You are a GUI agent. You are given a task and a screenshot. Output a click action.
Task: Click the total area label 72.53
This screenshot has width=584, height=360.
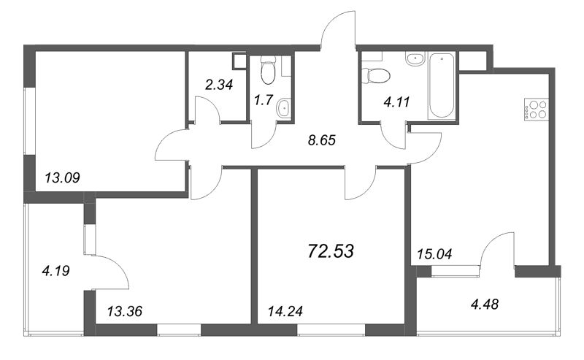click(331, 251)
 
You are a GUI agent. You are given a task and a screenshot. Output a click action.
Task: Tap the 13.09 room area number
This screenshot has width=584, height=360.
click(62, 177)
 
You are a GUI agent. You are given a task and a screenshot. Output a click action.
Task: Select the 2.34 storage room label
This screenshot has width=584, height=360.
click(219, 85)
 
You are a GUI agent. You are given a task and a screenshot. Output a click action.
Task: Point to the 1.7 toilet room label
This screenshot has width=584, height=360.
click(264, 100)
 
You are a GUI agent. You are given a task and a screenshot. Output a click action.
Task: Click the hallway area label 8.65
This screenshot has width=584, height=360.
click(322, 140)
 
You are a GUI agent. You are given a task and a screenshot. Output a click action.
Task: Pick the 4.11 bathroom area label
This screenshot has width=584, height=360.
click(396, 102)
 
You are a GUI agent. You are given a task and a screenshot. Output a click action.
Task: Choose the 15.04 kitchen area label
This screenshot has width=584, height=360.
click(434, 254)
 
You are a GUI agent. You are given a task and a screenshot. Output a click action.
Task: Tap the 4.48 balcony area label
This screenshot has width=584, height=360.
click(485, 305)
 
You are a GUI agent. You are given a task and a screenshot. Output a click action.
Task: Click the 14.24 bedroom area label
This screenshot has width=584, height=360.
click(285, 311)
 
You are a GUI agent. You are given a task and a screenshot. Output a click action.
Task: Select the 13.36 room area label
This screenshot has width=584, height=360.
click(124, 311)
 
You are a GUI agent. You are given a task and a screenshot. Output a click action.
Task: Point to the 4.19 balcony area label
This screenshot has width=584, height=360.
click(56, 271)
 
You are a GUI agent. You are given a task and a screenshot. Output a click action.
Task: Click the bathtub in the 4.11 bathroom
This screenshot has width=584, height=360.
click(442, 85)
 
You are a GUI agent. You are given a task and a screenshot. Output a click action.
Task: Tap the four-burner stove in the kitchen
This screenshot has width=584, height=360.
click(537, 110)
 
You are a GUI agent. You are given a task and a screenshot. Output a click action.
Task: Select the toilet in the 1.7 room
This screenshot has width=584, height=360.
click(268, 69)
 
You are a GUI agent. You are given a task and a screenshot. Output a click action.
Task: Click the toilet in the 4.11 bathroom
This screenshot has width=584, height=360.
click(376, 76)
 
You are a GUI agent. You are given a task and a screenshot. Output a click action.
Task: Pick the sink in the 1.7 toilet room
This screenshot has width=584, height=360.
click(285, 109)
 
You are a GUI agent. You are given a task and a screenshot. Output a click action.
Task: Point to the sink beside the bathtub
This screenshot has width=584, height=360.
click(415, 59)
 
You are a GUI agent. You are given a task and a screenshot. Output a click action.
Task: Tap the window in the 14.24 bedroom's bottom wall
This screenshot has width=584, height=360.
click(331, 330)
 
